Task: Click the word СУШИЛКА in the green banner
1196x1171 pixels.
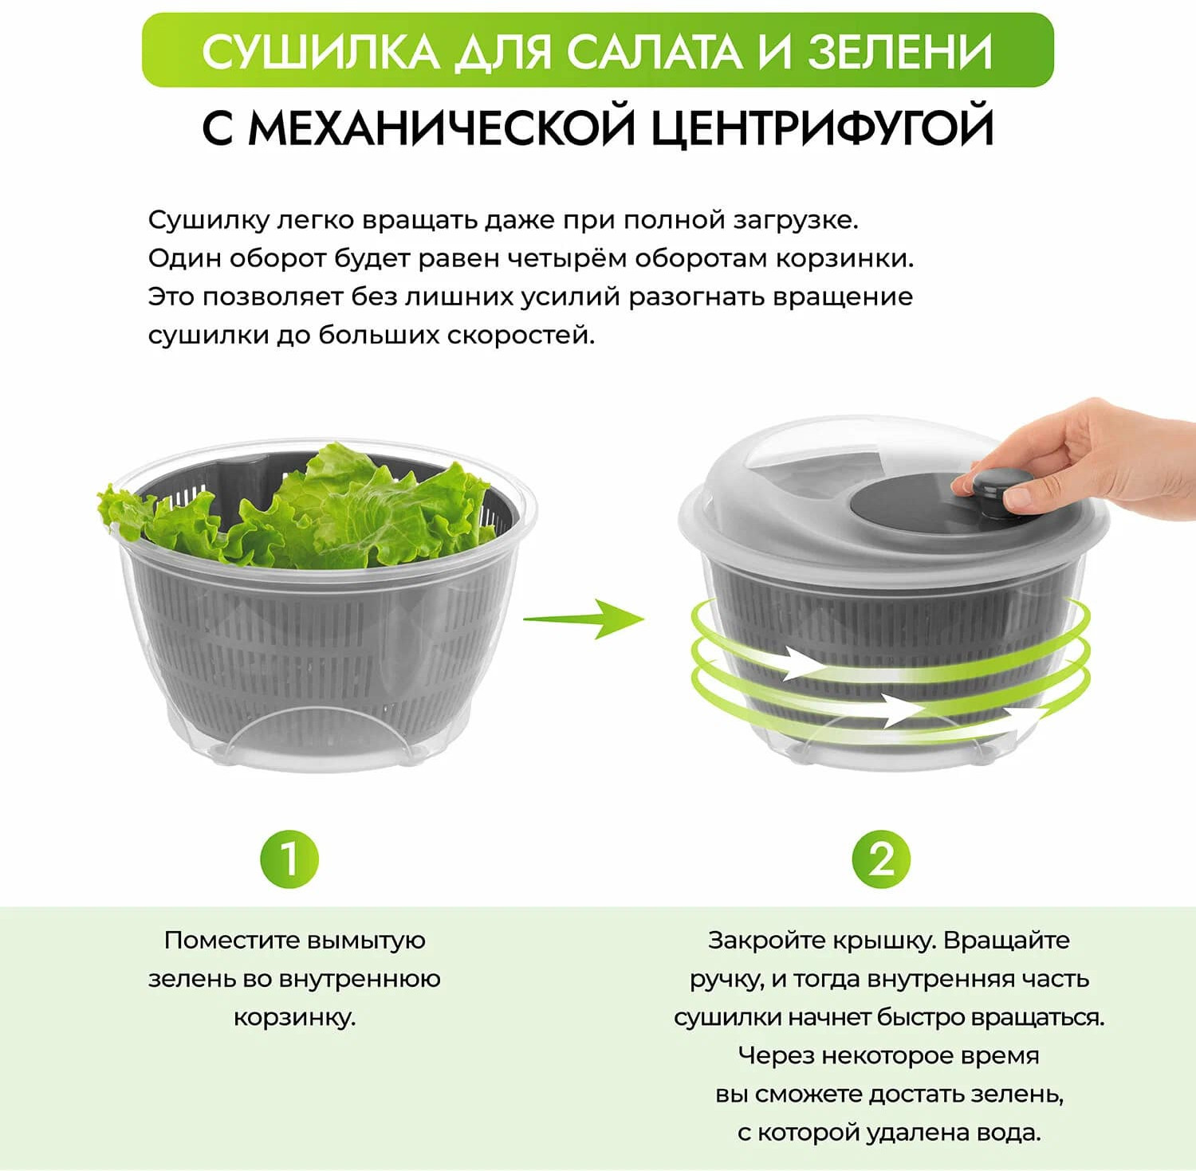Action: pyautogui.click(x=321, y=53)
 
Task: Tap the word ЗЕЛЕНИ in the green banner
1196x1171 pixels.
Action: pyautogui.click(x=900, y=52)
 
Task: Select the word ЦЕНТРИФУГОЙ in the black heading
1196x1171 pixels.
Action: pyautogui.click(x=823, y=128)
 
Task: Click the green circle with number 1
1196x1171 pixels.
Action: pyautogui.click(x=289, y=859)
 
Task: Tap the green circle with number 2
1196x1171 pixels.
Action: pyautogui.click(x=881, y=859)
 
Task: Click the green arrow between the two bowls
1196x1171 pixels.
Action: pyautogui.click(x=584, y=619)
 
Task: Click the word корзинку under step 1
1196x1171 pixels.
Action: pyautogui.click(x=294, y=1018)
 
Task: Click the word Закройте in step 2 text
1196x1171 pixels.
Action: pyautogui.click(x=766, y=941)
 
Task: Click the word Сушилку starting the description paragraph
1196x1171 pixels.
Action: pyautogui.click(x=208, y=220)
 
